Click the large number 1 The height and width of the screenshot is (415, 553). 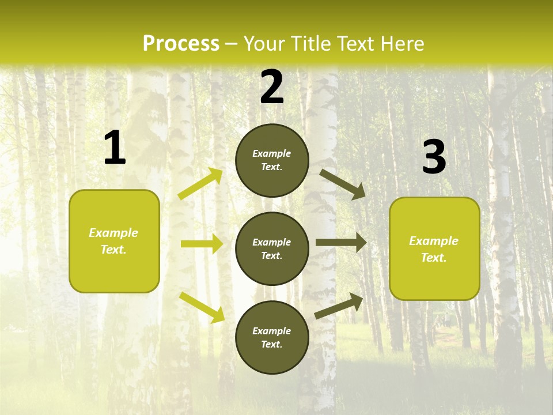pyautogui.click(x=115, y=148)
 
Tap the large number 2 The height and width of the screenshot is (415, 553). pyautogui.click(x=272, y=88)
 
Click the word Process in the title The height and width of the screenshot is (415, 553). pyautogui.click(x=181, y=44)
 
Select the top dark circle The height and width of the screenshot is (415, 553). pyautogui.click(x=272, y=160)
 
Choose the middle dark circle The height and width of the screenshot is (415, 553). pyautogui.click(x=272, y=248)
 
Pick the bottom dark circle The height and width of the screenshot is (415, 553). pyautogui.click(x=272, y=337)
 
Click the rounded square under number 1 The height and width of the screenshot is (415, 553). pyautogui.click(x=114, y=241)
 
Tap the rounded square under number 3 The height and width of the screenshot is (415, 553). pyautogui.click(x=434, y=249)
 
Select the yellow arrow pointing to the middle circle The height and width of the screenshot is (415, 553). pyautogui.click(x=202, y=244)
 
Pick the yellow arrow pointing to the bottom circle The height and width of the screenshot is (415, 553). pyautogui.click(x=202, y=307)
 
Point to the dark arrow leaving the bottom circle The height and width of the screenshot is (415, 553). pyautogui.click(x=339, y=305)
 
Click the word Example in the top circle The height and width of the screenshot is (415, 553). pyautogui.click(x=272, y=154)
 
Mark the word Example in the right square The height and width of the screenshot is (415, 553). pyautogui.click(x=434, y=241)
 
